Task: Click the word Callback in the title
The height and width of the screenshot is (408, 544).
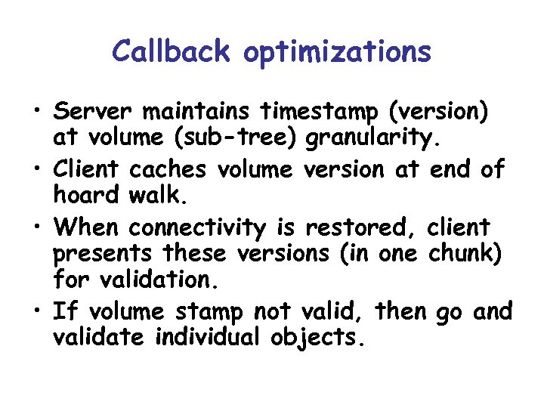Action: pos(172,51)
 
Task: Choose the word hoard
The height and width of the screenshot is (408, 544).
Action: pos(85,196)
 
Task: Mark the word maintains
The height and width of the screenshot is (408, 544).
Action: pos(197,113)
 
